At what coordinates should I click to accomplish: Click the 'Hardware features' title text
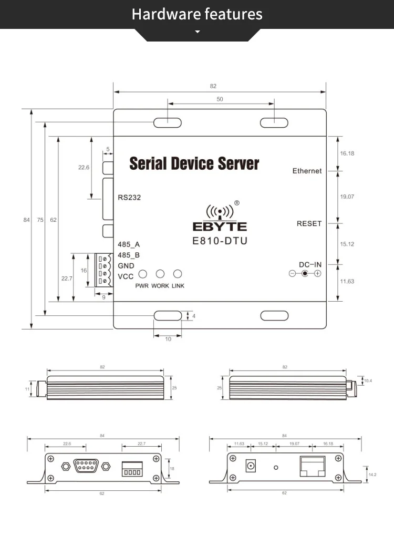(197, 14)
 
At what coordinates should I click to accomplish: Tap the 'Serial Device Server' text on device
(194, 163)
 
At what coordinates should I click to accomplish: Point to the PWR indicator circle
(142, 274)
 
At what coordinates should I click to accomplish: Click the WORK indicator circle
(160, 274)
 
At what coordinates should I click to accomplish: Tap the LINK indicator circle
(178, 274)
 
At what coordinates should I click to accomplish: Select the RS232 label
(129, 198)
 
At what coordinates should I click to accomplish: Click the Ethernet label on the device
(307, 171)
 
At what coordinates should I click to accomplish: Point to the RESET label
(309, 223)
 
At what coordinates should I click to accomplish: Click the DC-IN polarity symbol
(304, 274)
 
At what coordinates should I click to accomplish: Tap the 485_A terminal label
(129, 244)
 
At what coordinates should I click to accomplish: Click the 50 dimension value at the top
(220, 99)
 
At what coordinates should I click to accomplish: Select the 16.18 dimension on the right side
(347, 153)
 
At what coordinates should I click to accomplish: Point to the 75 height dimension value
(40, 220)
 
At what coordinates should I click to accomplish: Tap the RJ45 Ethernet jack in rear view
(312, 466)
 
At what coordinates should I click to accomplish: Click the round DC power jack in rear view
(251, 466)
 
